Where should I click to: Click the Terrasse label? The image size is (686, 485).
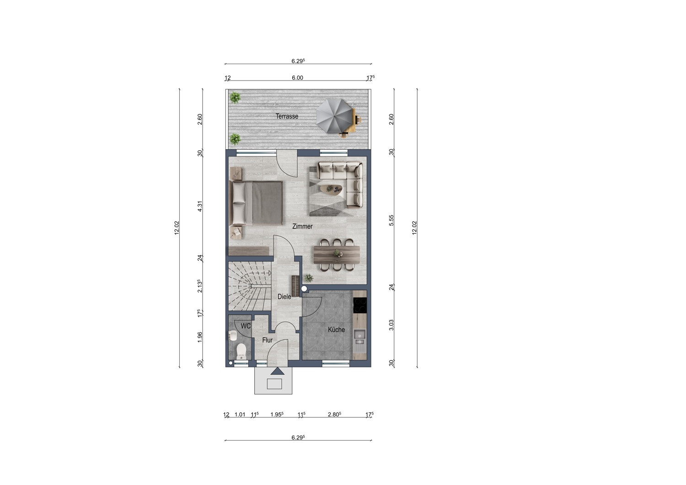pos(287,116)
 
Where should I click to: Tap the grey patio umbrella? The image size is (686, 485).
pos(334,116)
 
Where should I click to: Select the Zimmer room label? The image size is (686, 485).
pos(302,226)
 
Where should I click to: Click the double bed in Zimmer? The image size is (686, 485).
pos(256,203)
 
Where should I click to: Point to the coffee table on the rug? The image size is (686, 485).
pos(331,190)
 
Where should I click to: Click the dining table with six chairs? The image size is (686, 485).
pos(337,255)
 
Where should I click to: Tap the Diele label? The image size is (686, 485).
pos(284,296)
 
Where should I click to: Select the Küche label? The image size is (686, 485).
pos(336,330)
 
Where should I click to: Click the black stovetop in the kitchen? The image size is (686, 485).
pos(360,305)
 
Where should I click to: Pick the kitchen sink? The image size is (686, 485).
pos(359,337)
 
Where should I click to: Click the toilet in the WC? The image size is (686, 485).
pos(241,351)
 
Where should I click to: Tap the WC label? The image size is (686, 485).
pos(246,326)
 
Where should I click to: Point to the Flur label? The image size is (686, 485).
pos(268,340)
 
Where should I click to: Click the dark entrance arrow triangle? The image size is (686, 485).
pos(278,371)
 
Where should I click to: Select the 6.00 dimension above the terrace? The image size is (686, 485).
pos(297,78)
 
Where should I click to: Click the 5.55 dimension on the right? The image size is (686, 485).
pos(391,220)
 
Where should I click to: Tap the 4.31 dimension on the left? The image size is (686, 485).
pos(200,206)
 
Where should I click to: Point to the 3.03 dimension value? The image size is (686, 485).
pos(391,325)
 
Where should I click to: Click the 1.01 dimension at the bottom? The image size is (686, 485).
pos(240,415)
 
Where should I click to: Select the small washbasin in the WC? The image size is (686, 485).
pos(232,336)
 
